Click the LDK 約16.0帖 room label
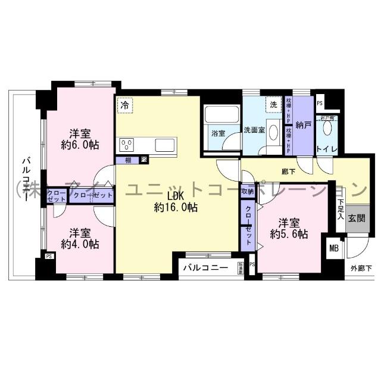(175, 202)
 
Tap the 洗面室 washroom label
(253, 130)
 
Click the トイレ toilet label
(327, 148)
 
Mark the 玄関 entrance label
(357, 218)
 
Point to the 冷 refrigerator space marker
(125, 105)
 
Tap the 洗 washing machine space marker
(273, 104)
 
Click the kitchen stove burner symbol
(127, 145)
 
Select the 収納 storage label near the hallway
(248, 192)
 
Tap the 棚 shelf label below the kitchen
(129, 160)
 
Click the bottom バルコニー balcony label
(205, 267)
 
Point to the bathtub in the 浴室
(221, 115)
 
